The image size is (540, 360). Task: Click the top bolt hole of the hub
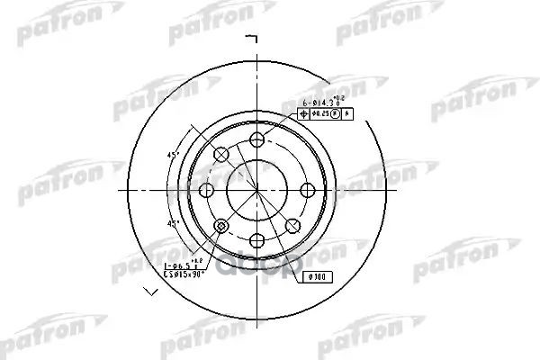[x=257, y=139]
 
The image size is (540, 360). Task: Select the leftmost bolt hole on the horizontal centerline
[x=207, y=190]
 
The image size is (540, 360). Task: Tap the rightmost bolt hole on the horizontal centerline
[x=308, y=190]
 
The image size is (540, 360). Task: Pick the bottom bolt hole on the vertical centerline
[x=257, y=240]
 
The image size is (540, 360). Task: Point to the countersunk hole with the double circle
[x=221, y=225]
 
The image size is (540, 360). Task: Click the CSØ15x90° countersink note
[x=184, y=275]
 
